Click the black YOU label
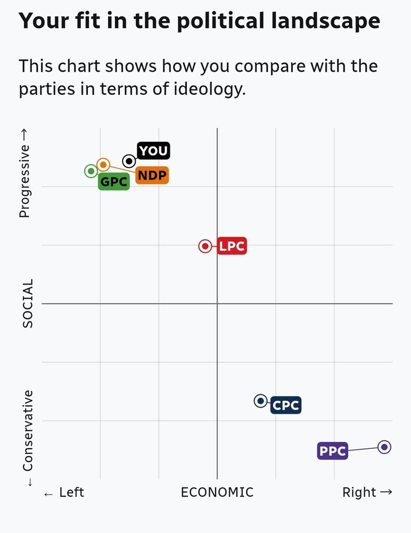tap(154, 151)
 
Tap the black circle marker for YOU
tap(129, 161)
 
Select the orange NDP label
tap(152, 175)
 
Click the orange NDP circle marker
tap(103, 165)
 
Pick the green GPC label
tap(114, 182)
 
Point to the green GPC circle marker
tap(91, 171)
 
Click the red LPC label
tap(232, 246)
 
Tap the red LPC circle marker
tap(205, 246)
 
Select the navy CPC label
tap(286, 406)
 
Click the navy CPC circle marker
tap(260, 401)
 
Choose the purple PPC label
tap(332, 451)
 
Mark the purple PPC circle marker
tap(384, 447)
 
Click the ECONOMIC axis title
tap(217, 492)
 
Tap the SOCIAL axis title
tap(28, 303)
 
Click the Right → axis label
tap(367, 492)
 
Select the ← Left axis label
tap(64, 492)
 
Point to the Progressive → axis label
tap(24, 181)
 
